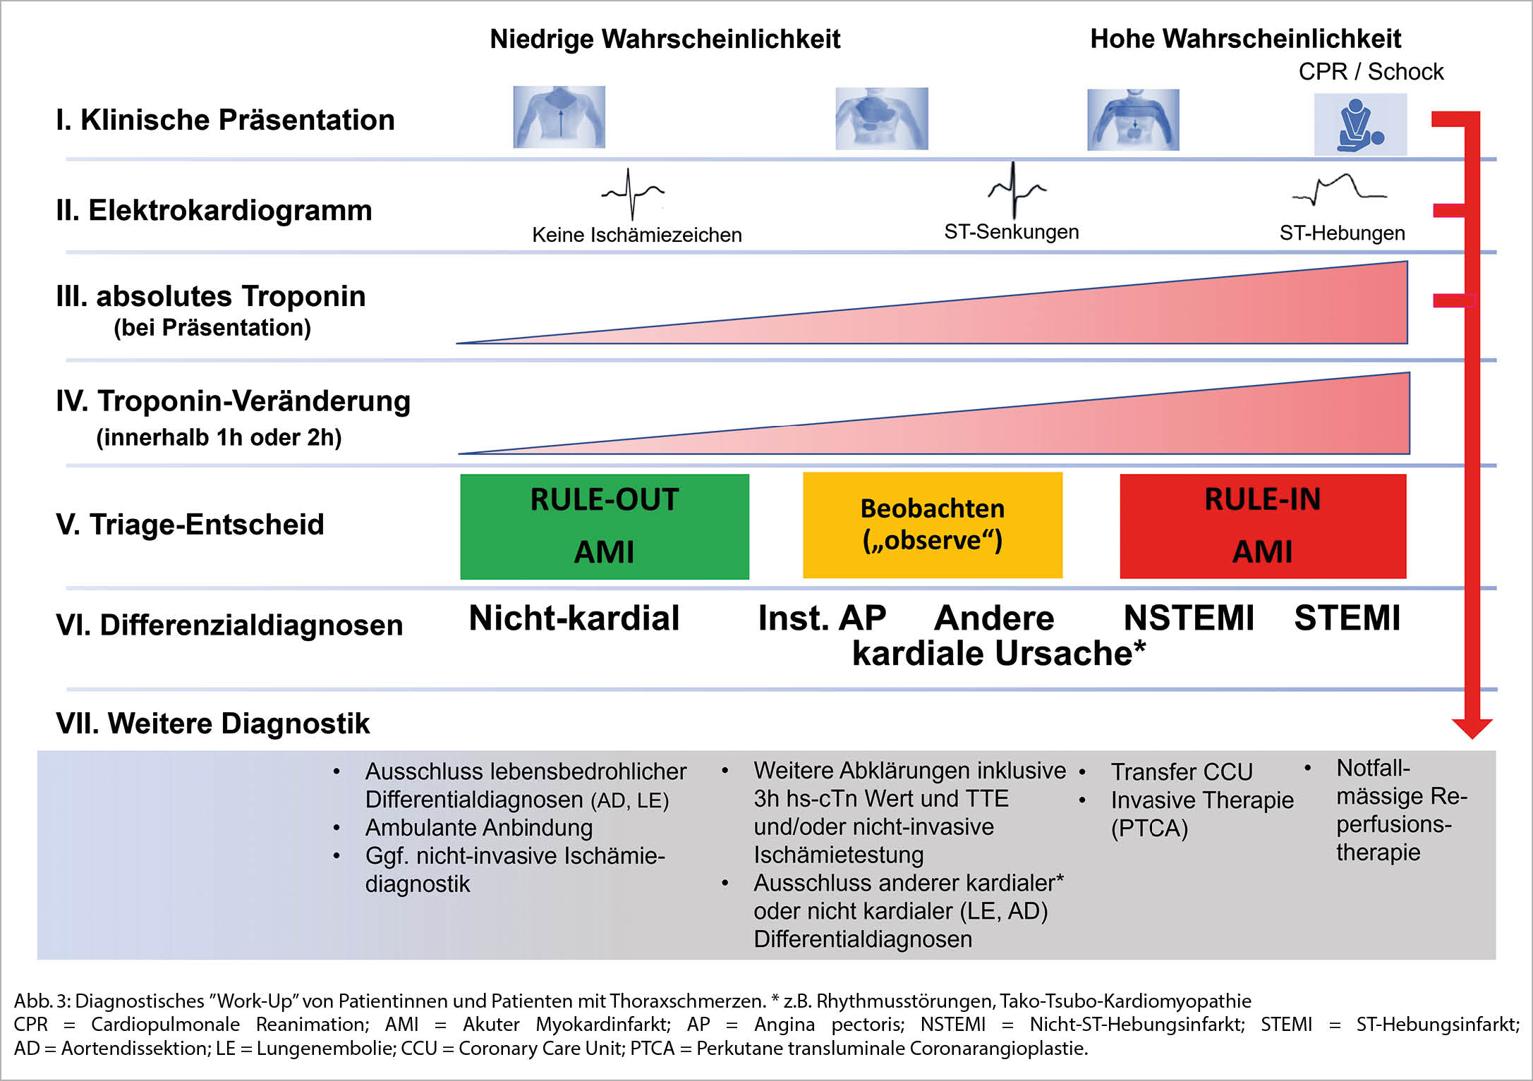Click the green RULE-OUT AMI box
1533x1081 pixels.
pyautogui.click(x=605, y=526)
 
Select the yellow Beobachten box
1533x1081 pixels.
pyautogui.click(x=932, y=525)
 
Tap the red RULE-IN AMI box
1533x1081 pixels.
pyautogui.click(x=1262, y=526)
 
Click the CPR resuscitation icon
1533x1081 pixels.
pyautogui.click(x=1359, y=125)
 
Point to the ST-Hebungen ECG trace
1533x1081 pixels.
pyautogui.click(x=1338, y=190)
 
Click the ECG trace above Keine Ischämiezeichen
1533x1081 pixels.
pyautogui.click(x=632, y=193)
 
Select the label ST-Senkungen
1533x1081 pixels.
pyautogui.click(x=1011, y=232)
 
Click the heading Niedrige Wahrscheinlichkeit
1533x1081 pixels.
pyautogui.click(x=665, y=39)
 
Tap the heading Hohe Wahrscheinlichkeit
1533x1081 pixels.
pyautogui.click(x=1245, y=39)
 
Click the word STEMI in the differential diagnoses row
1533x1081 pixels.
pyautogui.click(x=1347, y=618)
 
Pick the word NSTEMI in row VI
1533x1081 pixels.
pyautogui.click(x=1189, y=618)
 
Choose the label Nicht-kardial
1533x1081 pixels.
pyautogui.click(x=574, y=618)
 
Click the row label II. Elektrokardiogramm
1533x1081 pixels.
pyautogui.click(x=214, y=210)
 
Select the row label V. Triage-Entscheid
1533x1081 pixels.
pyautogui.click(x=190, y=524)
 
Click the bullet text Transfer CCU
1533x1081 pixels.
pyautogui.click(x=1182, y=771)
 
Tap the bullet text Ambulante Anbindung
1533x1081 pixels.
pyautogui.click(x=478, y=827)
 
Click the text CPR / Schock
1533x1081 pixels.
pyautogui.click(x=1371, y=71)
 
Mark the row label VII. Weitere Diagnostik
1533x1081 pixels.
pyautogui.click(x=212, y=723)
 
